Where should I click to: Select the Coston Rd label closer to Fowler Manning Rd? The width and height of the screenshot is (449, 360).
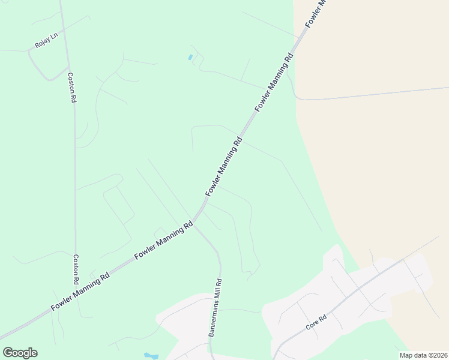(76, 269)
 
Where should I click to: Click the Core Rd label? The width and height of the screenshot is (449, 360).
(315, 322)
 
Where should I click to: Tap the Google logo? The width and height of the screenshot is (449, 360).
(20, 353)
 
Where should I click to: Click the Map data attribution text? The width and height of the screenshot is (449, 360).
(423, 355)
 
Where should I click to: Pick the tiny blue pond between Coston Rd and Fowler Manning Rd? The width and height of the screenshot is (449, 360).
(190, 58)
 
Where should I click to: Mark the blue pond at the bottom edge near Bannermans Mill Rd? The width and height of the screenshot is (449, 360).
(151, 356)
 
